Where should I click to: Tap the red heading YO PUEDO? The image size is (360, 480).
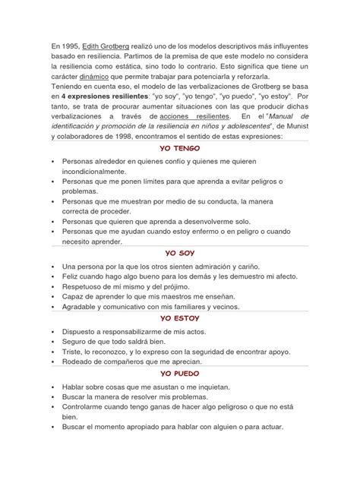point(180,374)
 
